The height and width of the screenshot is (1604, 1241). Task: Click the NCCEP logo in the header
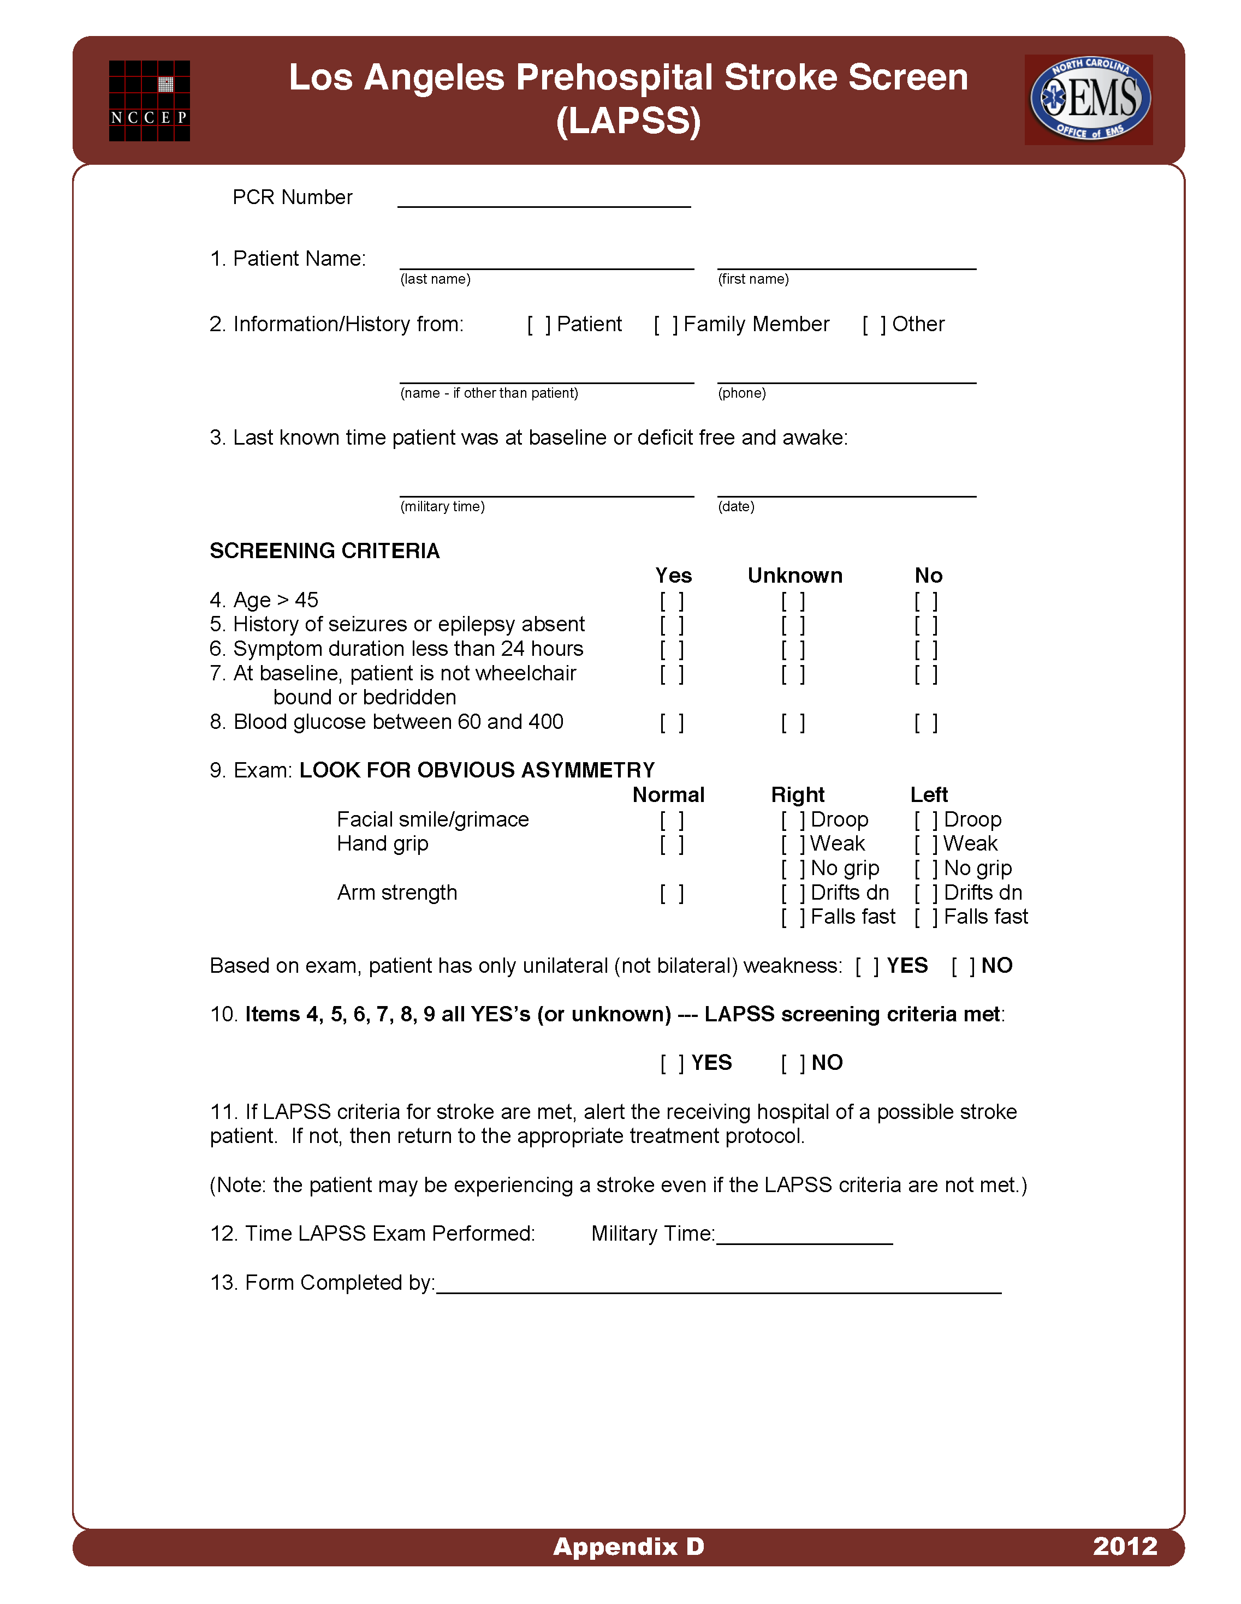149,100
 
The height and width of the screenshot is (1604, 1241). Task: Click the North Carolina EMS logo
1088,99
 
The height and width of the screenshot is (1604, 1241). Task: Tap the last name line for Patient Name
547,263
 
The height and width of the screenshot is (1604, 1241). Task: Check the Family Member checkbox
666,325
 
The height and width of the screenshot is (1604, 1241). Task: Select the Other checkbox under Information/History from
874,325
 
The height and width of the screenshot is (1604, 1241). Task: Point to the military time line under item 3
547,490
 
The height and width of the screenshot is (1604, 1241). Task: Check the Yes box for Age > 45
672,601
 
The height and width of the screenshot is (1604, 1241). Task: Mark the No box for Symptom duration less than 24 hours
926,650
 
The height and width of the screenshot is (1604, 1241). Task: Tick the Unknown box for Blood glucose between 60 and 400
793,723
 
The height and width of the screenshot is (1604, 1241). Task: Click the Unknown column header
794,576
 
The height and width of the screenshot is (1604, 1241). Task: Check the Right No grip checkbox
793,869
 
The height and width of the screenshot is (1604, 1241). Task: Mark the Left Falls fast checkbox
926,917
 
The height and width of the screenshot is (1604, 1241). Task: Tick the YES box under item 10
672,1063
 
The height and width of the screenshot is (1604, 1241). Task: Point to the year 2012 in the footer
1124,1546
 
